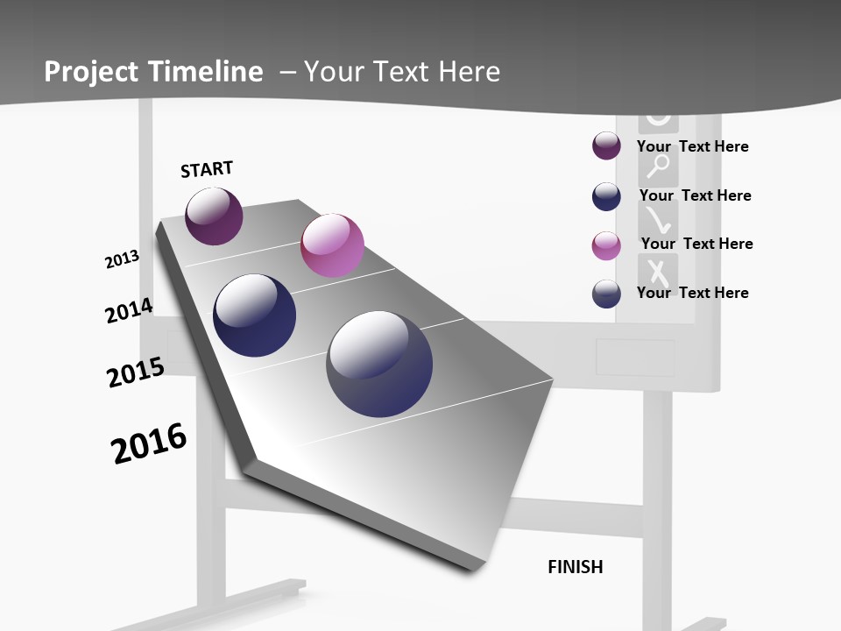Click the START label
(207, 169)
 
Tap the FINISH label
(576, 567)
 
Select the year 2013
(122, 259)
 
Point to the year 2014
(129, 310)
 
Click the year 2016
(149, 443)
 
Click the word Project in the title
(91, 72)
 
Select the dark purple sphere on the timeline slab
(214, 216)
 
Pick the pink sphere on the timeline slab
(332, 245)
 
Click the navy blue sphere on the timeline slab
(255, 315)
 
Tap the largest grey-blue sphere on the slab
(379, 364)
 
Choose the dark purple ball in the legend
(606, 146)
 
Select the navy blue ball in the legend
(606, 196)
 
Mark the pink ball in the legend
(606, 245)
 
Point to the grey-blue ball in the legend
(606, 294)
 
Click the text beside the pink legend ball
(696, 244)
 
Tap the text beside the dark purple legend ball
(692, 146)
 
